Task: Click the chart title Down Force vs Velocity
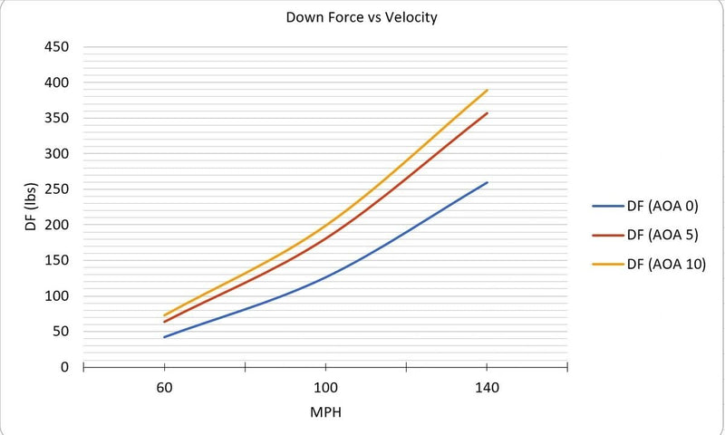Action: [361, 17]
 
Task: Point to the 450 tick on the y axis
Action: [57, 47]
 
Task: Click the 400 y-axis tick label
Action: [57, 82]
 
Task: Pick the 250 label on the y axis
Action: [57, 189]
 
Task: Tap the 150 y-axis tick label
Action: [57, 260]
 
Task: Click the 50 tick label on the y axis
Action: [61, 332]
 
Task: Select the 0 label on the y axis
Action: [65, 367]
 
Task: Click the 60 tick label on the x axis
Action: [164, 388]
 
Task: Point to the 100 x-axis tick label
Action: [325, 388]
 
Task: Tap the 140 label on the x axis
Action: [487, 388]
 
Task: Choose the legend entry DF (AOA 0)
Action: [659, 206]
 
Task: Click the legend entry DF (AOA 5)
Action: [659, 235]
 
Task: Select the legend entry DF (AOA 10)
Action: [662, 264]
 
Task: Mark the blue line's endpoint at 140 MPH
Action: [488, 182]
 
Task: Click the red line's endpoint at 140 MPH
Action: [488, 112]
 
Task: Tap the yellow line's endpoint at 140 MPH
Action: [488, 90]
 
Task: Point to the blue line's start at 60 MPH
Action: [164, 337]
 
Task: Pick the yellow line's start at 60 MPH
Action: [164, 315]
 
